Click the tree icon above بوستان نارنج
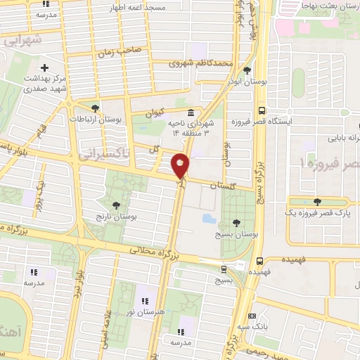[115, 205]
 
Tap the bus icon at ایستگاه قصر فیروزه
[262, 110]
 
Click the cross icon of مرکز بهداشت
[45, 68]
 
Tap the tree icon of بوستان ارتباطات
[96, 108]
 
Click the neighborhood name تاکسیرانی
[104, 153]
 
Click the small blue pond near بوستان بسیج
[210, 218]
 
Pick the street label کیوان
[154, 111]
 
